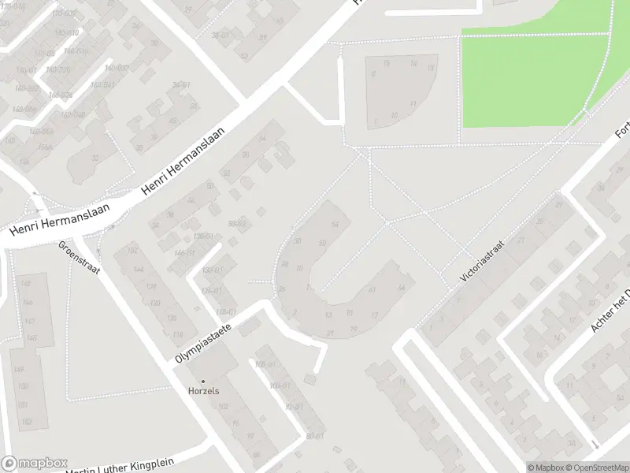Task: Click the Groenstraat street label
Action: point(80,258)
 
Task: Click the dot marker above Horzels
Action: point(202,382)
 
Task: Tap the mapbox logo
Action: point(34,464)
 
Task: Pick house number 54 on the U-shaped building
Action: point(335,225)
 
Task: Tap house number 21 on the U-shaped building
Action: point(330,333)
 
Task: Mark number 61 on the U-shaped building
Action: point(371,289)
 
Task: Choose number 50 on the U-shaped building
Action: point(322,243)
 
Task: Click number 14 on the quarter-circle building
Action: point(413,64)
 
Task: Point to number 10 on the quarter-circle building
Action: point(394,115)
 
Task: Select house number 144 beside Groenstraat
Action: point(139,269)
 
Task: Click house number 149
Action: point(19,370)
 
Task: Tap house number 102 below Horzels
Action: point(224,407)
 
